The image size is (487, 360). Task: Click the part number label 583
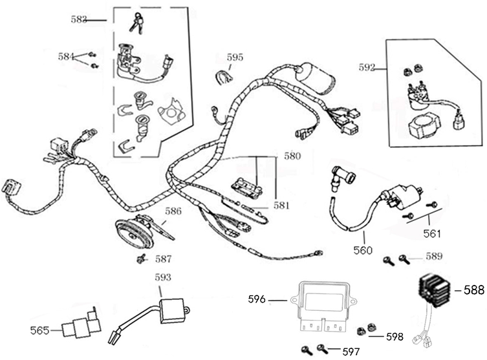[x=79, y=19]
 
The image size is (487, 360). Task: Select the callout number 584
[x=66, y=56]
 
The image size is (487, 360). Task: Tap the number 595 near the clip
[x=235, y=57]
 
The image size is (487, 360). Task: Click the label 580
[x=292, y=156]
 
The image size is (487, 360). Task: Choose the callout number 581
[x=281, y=206]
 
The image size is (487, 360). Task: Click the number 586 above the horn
[x=173, y=211]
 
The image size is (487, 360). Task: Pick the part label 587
[x=164, y=259]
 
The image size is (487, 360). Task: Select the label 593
[x=163, y=278]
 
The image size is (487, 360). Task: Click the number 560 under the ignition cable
[x=362, y=250]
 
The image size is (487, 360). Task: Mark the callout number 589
[x=434, y=257]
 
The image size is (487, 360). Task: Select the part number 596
[x=257, y=299]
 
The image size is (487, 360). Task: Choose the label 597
[x=351, y=351]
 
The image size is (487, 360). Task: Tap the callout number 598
[x=395, y=336]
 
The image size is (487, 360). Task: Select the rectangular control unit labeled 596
[x=329, y=302]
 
